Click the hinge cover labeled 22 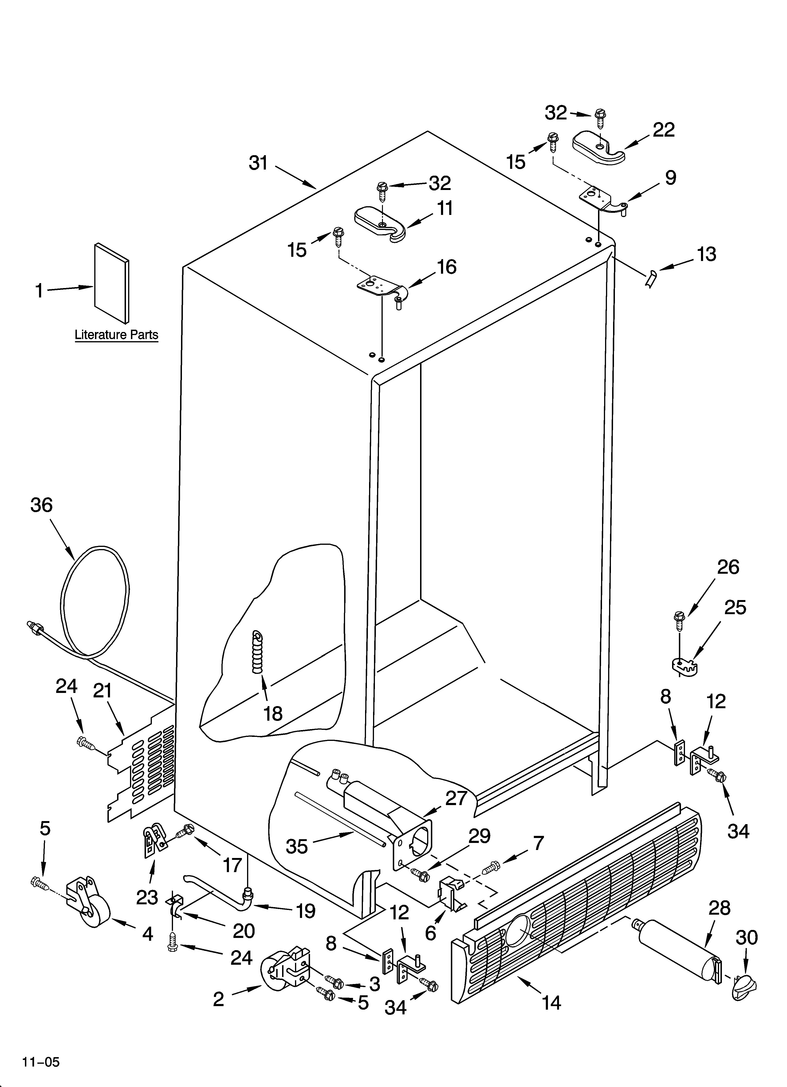tap(598, 148)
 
